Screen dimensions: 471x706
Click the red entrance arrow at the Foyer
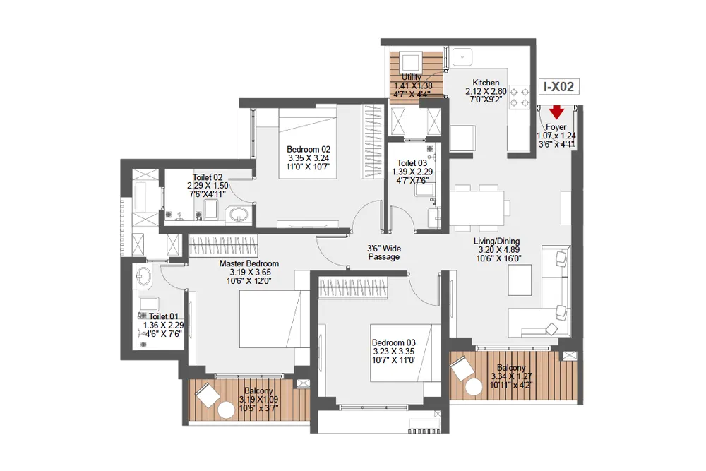557,112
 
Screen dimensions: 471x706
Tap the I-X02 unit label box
558,87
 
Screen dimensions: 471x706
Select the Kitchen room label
486,83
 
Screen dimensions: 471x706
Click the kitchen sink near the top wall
463,56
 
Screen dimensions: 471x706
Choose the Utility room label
412,77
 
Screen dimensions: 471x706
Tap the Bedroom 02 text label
309,150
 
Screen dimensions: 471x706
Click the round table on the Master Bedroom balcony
226,410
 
